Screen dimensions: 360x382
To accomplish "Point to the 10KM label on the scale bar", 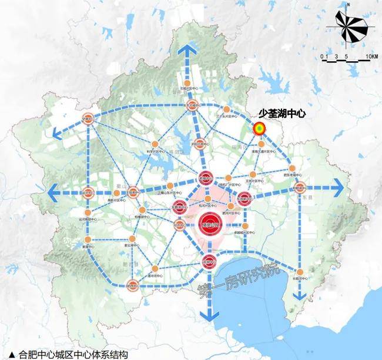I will coord(370,56).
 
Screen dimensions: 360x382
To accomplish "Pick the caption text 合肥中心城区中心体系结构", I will coord(73,354).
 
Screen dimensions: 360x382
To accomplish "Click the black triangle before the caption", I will coord(12,354).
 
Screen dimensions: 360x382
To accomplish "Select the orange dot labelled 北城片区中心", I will coord(187,84).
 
